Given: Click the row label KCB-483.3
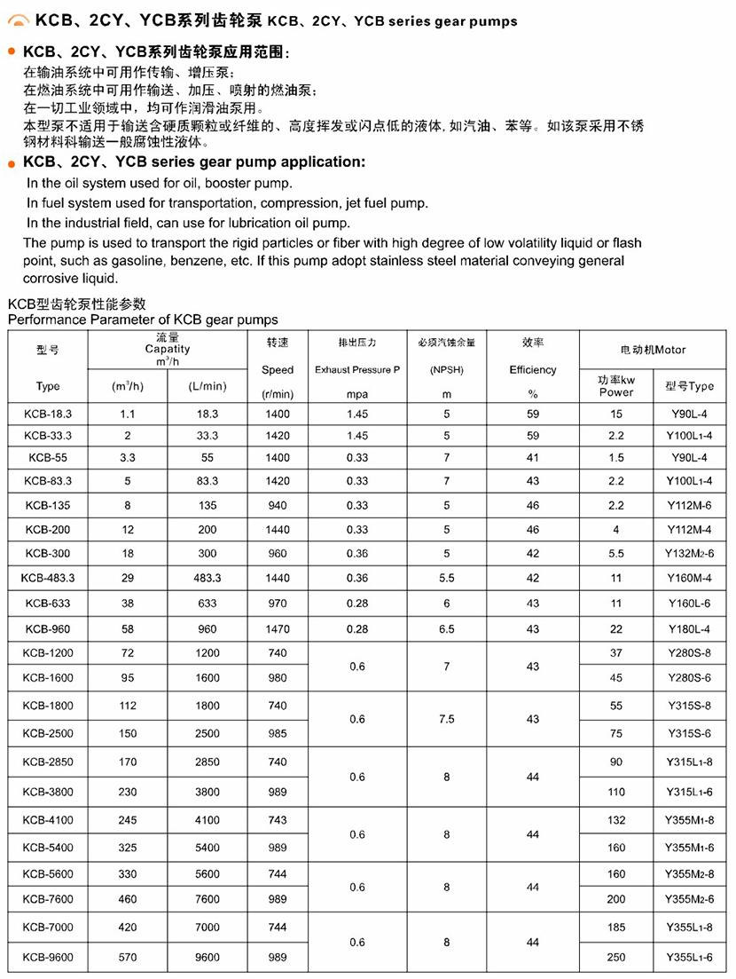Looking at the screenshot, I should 49,578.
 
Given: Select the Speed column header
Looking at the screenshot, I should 278,369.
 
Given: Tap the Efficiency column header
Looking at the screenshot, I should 533,369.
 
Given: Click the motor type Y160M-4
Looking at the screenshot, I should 689,578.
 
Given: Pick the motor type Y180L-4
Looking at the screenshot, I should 689,628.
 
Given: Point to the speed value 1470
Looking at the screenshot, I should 278,628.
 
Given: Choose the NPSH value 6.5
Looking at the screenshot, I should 446,628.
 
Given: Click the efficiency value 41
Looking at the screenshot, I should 533,457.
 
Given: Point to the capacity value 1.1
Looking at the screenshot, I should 127,414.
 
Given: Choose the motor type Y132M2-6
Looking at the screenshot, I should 689,552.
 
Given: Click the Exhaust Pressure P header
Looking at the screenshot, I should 357,369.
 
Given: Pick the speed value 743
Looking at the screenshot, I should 278,821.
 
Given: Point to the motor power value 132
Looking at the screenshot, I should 616,821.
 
